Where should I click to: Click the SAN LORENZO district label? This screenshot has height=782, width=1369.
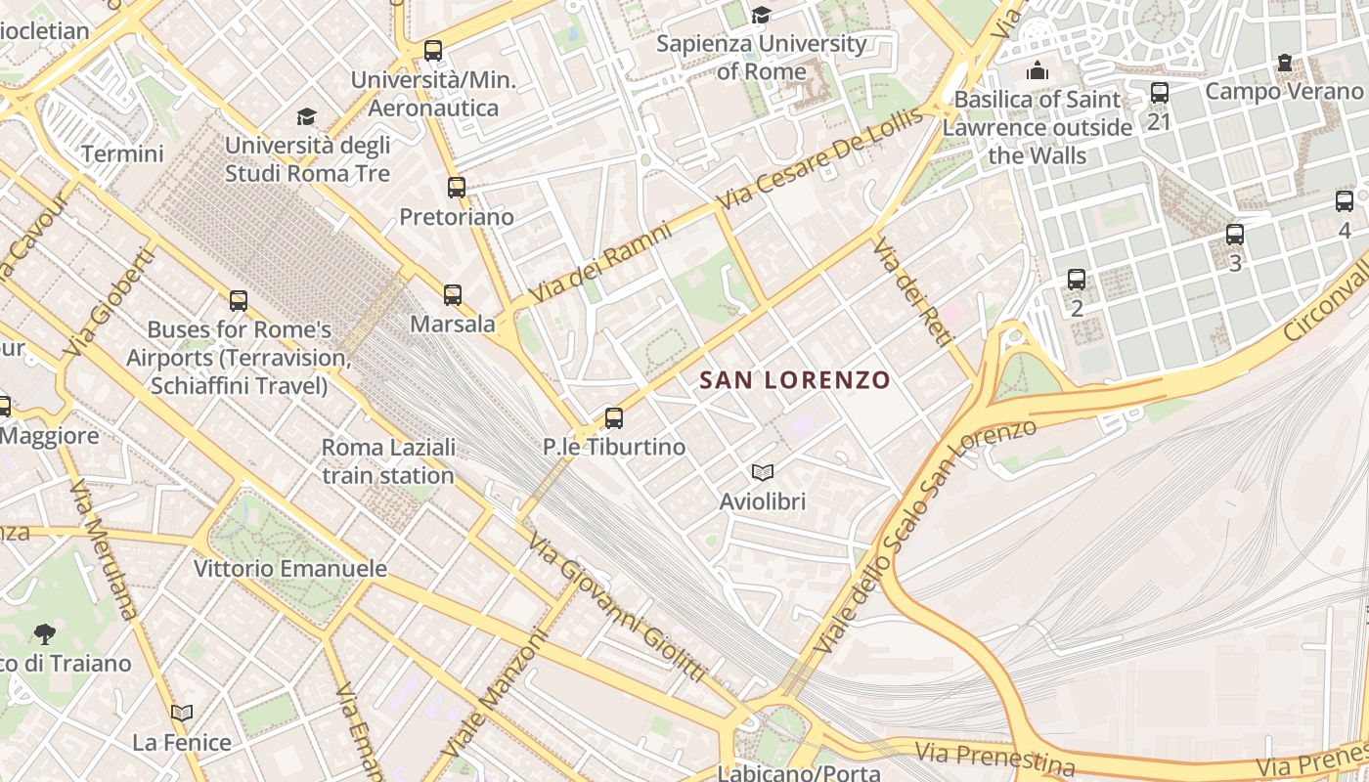click(x=795, y=379)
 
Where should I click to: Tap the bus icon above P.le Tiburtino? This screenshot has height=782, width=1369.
click(x=614, y=418)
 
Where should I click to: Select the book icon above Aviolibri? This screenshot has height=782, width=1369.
click(x=763, y=473)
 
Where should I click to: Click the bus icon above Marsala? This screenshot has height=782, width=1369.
click(x=452, y=294)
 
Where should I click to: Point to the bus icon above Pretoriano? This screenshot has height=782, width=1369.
click(x=457, y=187)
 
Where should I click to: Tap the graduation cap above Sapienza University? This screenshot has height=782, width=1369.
click(x=761, y=15)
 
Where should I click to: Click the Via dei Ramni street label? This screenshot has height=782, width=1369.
click(x=600, y=263)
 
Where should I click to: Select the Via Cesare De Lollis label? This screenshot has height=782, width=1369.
click(x=820, y=158)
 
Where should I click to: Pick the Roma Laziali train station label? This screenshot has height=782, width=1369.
click(x=388, y=461)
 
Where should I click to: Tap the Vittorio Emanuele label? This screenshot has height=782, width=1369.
click(x=289, y=568)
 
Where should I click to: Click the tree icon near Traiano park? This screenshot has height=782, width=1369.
click(x=44, y=634)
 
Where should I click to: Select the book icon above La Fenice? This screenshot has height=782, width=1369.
click(x=182, y=713)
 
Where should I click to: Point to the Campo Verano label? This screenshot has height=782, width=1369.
click(x=1283, y=91)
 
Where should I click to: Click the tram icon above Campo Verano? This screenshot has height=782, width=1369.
click(x=1285, y=64)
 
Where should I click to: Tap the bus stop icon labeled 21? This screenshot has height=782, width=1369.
click(x=1160, y=93)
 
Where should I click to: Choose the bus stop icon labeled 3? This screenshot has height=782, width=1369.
click(x=1235, y=235)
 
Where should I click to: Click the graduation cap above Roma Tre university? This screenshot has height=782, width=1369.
click(x=307, y=117)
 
